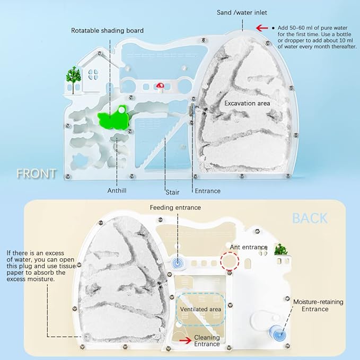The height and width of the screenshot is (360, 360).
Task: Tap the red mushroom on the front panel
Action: [159, 86]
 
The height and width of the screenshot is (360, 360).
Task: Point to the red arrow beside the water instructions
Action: [262, 28]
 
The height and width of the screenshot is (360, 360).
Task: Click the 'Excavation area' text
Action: [247, 103]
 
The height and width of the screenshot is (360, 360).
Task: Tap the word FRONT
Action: [36, 173]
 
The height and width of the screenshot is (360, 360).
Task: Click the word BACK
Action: [310, 218]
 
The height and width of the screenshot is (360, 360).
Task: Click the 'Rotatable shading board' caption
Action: [108, 31]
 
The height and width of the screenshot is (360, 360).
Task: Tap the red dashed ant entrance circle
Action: [230, 262]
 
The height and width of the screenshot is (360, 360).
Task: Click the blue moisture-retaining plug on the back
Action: [277, 333]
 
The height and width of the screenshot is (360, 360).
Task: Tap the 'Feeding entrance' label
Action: [176, 207]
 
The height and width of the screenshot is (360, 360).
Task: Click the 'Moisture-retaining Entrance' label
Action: [319, 305]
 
